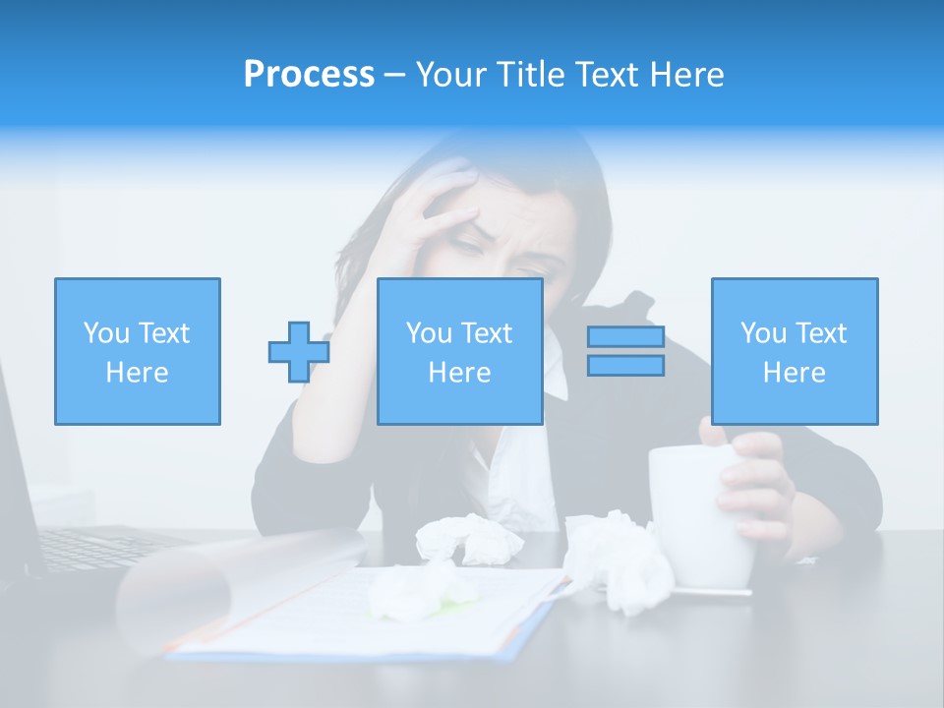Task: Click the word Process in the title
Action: coord(309,75)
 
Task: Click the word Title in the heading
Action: coord(531,75)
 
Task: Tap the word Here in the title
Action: coord(686,75)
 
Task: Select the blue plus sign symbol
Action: coord(298,352)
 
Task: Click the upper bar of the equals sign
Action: coord(625,337)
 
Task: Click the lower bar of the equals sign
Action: coord(625,366)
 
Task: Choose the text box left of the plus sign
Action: coord(137,351)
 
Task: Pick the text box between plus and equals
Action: coord(459,351)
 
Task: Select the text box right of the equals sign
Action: coord(794,351)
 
